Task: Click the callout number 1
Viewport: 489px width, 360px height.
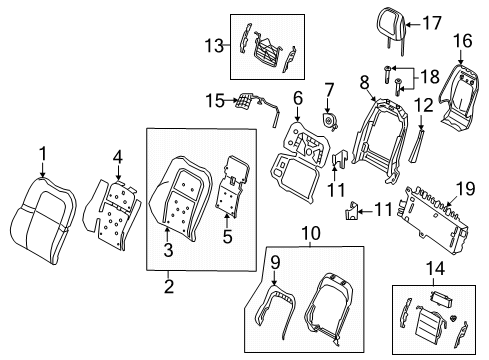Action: (x=43, y=153)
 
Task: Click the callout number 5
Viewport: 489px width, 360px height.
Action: (x=227, y=238)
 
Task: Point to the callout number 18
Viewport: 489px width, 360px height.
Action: (x=429, y=76)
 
